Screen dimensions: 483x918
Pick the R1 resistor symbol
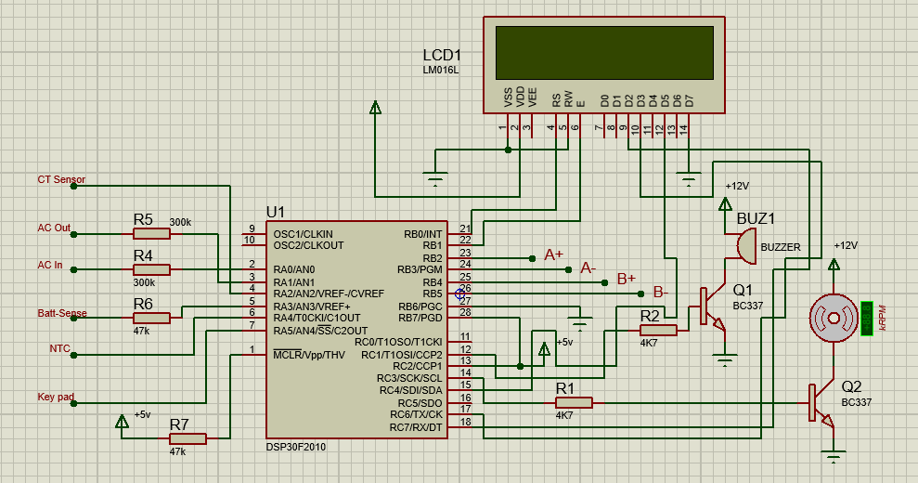(573, 402)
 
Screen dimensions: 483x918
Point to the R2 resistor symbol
(658, 330)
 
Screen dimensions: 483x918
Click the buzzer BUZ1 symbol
(745, 247)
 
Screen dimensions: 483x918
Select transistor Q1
(711, 307)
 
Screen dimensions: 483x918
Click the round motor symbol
(833, 319)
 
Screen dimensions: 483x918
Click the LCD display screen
(604, 53)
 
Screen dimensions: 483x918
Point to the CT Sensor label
(61, 179)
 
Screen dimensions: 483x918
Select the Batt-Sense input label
(61, 313)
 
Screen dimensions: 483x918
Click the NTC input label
(59, 348)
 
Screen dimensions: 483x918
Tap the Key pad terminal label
(56, 397)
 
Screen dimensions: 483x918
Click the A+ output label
(553, 254)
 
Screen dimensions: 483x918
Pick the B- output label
(660, 292)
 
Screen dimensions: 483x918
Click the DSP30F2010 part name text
(295, 447)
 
